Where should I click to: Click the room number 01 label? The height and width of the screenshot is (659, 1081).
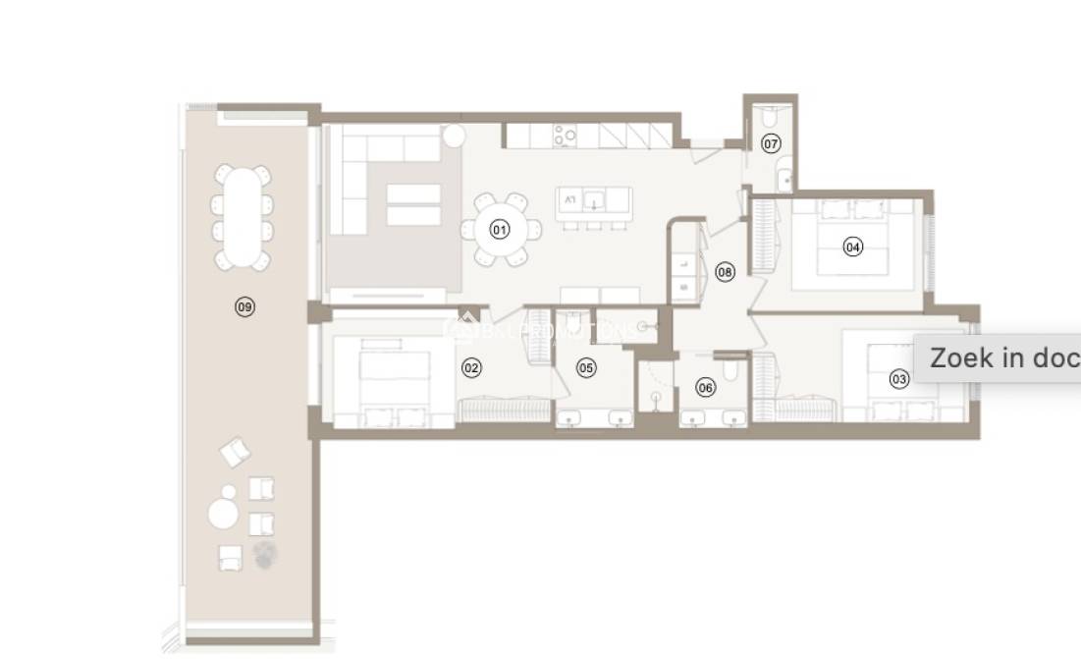[x=500, y=231]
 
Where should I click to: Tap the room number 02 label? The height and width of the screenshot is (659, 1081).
[x=472, y=368]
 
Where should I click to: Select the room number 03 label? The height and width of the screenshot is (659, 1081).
[x=898, y=379]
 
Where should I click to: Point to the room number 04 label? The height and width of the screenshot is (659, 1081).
[x=853, y=247]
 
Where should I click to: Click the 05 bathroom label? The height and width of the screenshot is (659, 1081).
[x=586, y=368]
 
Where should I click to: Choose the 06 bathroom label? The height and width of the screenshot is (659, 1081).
[x=706, y=387]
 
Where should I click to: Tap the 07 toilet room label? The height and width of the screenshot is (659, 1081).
[x=771, y=144]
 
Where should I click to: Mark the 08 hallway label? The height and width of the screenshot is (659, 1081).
[x=725, y=272]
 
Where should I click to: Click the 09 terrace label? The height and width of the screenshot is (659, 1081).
[x=244, y=307]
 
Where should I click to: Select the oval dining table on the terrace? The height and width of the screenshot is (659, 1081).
[x=241, y=217]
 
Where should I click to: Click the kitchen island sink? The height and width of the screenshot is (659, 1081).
[x=593, y=202]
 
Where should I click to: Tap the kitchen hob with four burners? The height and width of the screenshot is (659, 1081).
[x=565, y=135]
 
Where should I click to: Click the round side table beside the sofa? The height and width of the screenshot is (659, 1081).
[x=453, y=136]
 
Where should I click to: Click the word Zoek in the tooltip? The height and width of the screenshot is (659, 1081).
[x=961, y=357]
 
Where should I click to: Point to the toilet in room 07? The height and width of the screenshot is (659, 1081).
[x=770, y=117]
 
